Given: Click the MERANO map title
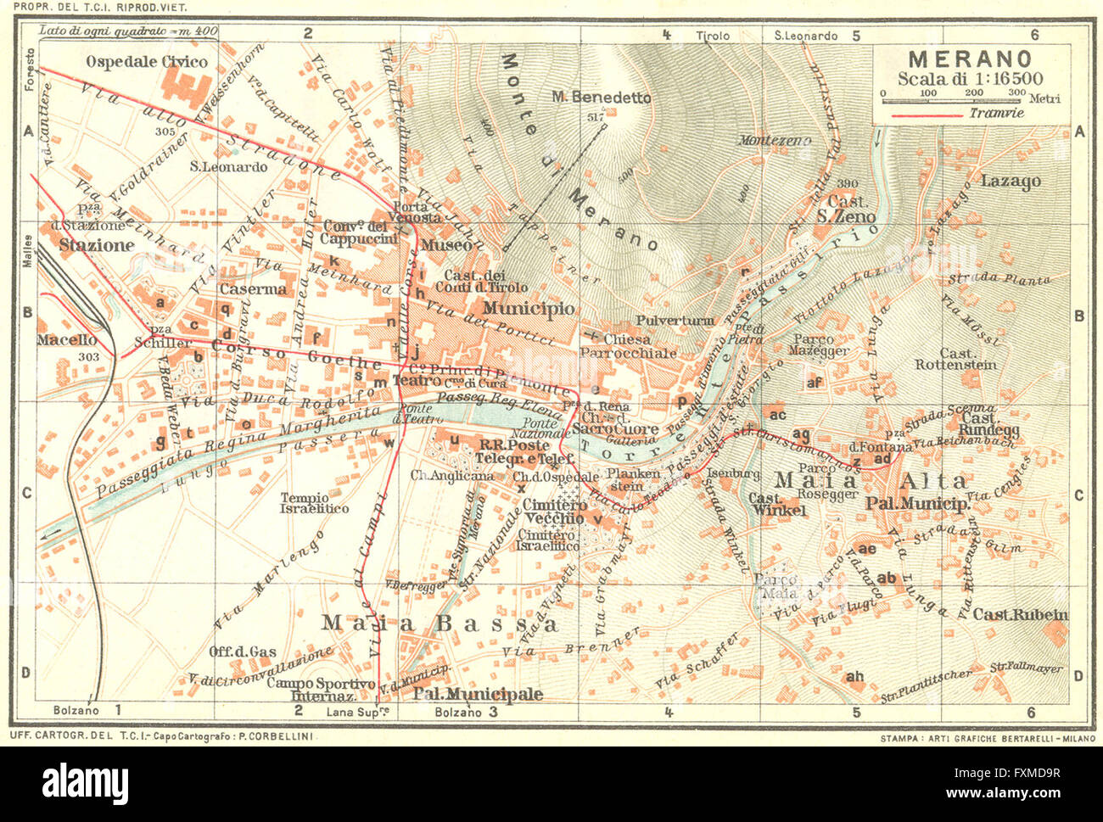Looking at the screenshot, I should pyautogui.click(x=970, y=59).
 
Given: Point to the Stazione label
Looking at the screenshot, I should pyautogui.click(x=97, y=245).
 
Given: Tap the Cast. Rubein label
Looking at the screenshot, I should pyautogui.click(x=1020, y=615).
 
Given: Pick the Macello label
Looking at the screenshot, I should pyautogui.click(x=66, y=339).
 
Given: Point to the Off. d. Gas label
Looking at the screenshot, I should pyautogui.click(x=243, y=651).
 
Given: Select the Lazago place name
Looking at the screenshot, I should pyautogui.click(x=1011, y=181).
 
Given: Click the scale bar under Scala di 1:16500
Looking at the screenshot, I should pyautogui.click(x=969, y=101).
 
